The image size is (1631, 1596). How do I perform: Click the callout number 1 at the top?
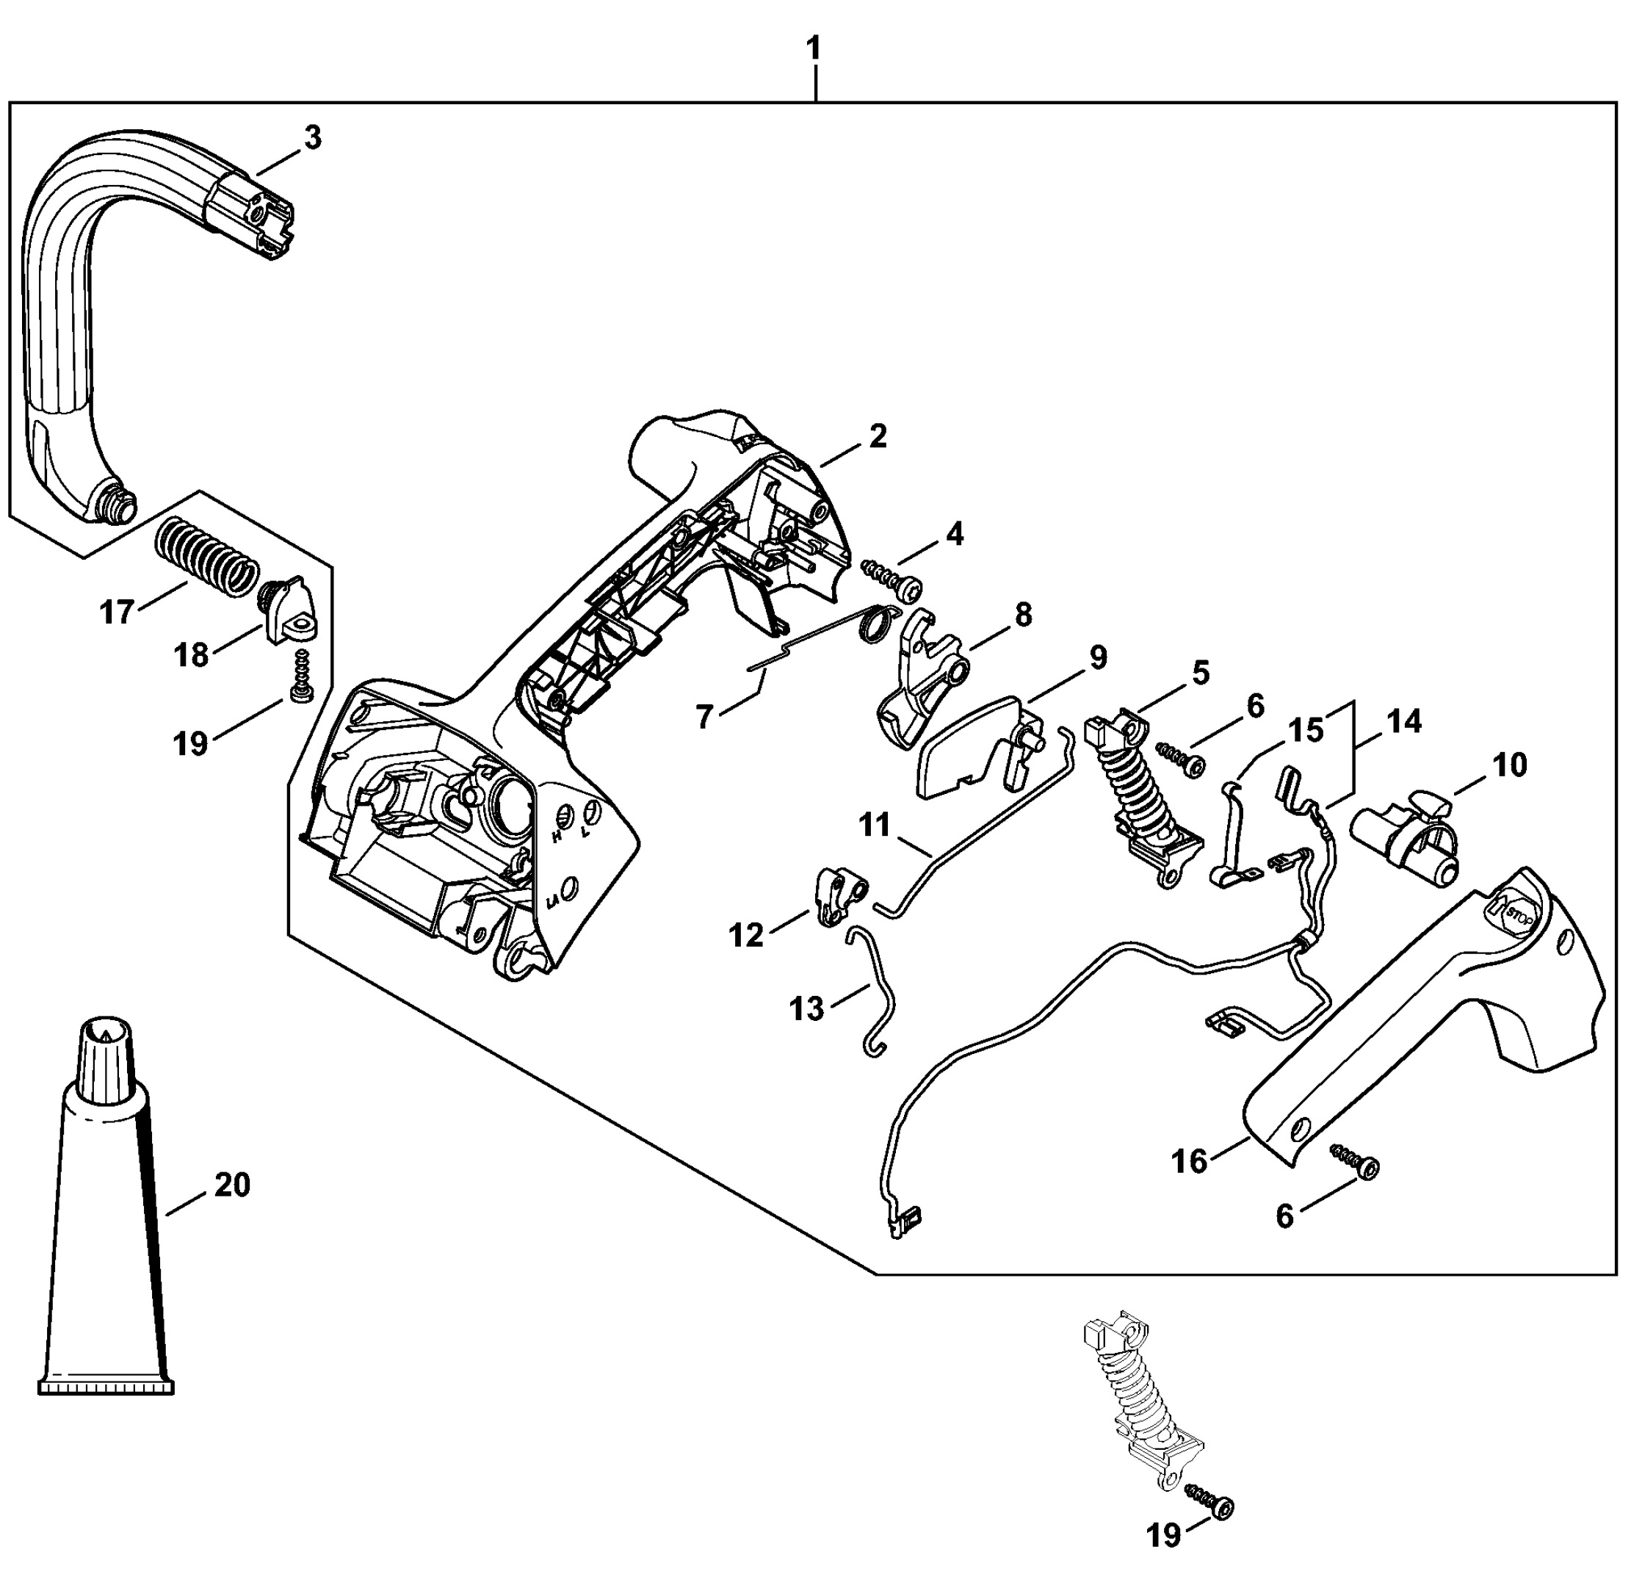point(813,48)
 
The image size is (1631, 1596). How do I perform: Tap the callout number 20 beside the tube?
point(232,1185)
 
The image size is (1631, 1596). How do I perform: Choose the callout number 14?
point(1405,722)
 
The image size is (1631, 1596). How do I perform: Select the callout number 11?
point(874,825)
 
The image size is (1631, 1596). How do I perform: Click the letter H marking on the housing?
point(556,836)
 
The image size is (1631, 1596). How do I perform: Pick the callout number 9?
point(1097,657)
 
